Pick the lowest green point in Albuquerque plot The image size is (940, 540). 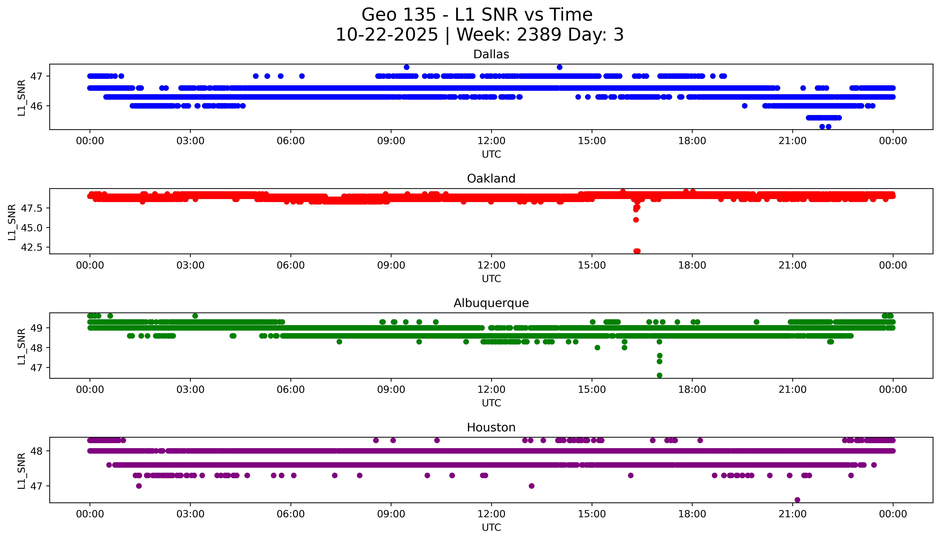[659, 375]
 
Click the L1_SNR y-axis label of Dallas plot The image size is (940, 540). [22, 98]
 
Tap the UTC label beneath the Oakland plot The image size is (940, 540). [491, 279]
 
